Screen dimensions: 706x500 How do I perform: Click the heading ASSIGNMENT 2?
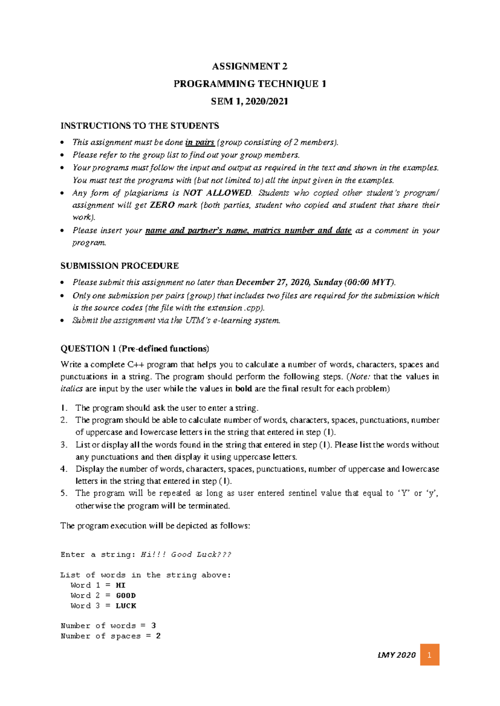(x=250, y=66)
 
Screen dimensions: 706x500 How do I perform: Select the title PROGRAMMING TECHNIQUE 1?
(x=250, y=84)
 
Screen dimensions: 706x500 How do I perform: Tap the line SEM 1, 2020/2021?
(x=250, y=101)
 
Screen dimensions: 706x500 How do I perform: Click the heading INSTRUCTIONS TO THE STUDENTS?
(x=140, y=126)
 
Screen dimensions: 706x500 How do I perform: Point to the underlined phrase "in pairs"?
(x=200, y=142)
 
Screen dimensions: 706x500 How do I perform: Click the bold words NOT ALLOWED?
(x=217, y=193)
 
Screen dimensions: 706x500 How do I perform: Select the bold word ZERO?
(x=162, y=205)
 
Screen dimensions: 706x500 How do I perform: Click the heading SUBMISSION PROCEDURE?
(x=120, y=266)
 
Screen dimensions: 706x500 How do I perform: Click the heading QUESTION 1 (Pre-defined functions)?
(x=135, y=348)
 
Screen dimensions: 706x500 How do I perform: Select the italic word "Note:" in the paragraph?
(x=360, y=377)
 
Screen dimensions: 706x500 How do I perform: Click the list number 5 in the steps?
(x=64, y=493)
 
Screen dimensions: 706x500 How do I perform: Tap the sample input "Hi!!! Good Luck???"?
(x=186, y=554)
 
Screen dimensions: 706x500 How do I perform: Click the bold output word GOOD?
(x=126, y=596)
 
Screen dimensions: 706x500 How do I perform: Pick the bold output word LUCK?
(x=126, y=606)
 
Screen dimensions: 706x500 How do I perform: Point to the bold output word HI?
(x=121, y=585)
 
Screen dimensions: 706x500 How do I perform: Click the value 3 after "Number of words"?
(x=154, y=626)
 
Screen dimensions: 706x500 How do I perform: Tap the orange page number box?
(x=430, y=655)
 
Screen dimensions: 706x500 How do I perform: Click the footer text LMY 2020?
(x=396, y=655)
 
